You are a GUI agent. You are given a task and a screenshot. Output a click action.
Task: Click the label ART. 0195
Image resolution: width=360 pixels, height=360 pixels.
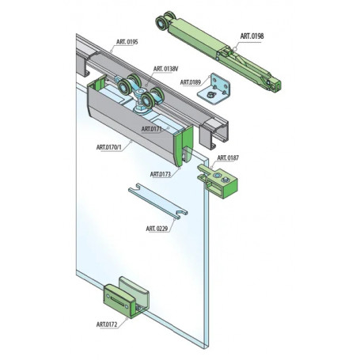pos(127,42)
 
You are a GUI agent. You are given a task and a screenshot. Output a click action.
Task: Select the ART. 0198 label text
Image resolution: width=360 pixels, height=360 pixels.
pos(252,36)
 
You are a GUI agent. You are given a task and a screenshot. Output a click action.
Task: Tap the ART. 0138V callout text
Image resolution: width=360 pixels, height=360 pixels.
pos(166,69)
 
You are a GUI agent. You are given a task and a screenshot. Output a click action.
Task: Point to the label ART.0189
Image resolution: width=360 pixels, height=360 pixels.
pos(191,82)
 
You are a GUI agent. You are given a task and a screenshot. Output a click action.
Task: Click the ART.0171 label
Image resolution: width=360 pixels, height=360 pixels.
pos(152,129)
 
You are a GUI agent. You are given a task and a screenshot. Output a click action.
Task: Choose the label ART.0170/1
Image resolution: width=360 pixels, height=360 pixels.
pos(109,147)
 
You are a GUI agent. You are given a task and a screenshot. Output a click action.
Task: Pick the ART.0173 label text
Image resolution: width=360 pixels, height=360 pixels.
pos(161,174)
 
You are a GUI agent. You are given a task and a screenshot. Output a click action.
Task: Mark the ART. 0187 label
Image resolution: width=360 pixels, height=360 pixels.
pos(228,157)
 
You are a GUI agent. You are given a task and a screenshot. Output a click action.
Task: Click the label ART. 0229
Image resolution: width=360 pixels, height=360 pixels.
pos(157,229)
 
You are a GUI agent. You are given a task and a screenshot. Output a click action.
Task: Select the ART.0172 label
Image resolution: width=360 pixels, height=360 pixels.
pos(107,324)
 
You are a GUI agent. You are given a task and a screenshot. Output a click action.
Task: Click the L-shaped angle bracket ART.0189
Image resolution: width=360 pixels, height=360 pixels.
pos(214,89)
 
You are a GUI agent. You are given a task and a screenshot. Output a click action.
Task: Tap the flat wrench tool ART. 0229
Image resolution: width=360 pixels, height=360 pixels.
pos(157,201)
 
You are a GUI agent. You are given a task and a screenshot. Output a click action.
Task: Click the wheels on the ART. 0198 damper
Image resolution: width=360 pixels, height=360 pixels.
pos(164,21)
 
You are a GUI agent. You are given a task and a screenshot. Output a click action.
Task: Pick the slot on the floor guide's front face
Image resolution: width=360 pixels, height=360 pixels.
pos(117,301)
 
